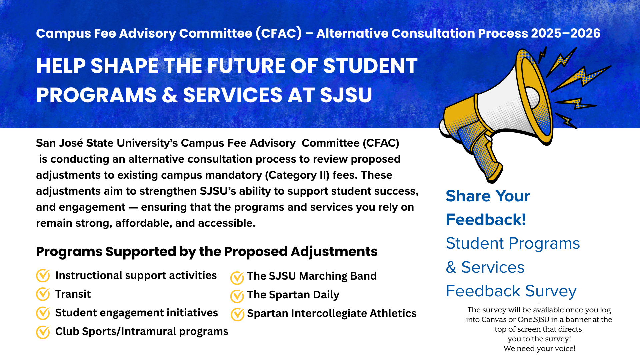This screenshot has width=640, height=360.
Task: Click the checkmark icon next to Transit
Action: pyautogui.click(x=43, y=294)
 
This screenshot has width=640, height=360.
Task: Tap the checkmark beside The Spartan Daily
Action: pyautogui.click(x=237, y=296)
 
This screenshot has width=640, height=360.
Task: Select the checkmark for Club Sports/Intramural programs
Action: pyautogui.click(x=43, y=332)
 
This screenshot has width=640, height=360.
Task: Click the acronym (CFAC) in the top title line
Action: pyautogui.click(x=279, y=33)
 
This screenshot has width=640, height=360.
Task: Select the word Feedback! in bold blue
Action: pyautogui.click(x=486, y=220)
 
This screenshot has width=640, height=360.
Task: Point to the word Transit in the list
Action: pyautogui.click(x=73, y=294)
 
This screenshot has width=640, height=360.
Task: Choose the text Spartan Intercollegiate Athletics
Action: pyautogui.click(x=331, y=313)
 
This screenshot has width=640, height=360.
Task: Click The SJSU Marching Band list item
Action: pyautogui.click(x=312, y=276)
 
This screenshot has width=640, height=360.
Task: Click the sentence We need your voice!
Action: pyautogui.click(x=539, y=349)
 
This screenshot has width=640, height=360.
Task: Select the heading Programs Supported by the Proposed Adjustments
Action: pyautogui.click(x=207, y=251)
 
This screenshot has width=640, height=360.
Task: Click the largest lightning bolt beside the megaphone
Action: pyautogui.click(x=582, y=77)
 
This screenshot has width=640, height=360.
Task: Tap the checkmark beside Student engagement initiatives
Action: pyautogui.click(x=43, y=313)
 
